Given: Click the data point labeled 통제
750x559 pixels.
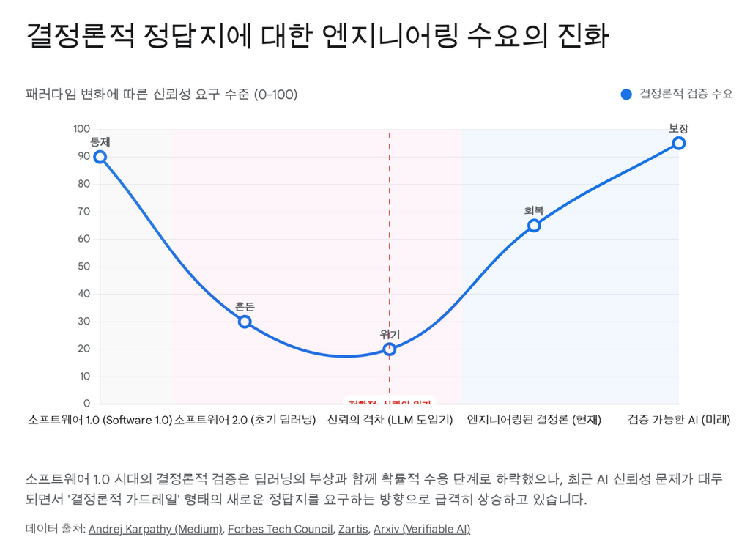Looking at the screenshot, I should tap(100, 157).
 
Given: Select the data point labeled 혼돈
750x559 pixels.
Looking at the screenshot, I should tap(245, 322).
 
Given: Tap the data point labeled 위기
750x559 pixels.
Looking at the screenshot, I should tap(390, 349).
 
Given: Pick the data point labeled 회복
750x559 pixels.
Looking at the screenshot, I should tap(534, 226).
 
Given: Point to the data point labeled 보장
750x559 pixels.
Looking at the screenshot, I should tap(679, 143).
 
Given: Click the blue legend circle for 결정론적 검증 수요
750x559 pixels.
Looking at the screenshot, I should tap(626, 94).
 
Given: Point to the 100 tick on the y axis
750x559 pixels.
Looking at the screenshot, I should tap(81, 130).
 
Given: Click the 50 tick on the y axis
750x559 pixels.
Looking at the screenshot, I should tap(84, 267).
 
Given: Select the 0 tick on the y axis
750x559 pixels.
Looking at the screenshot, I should tap(86, 404).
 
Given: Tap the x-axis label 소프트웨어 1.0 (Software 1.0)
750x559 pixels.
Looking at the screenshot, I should tap(100, 420).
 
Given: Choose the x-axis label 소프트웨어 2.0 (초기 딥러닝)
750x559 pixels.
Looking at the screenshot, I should tap(245, 420).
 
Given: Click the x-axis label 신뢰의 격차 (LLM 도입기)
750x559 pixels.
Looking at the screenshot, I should tap(390, 420).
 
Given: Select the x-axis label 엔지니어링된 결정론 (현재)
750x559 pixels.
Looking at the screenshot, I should tap(534, 420).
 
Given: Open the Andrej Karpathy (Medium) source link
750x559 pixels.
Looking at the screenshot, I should tap(155, 529).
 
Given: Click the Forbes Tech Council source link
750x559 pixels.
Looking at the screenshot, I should tap(280, 529).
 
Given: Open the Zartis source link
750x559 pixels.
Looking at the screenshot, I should tap(352, 529).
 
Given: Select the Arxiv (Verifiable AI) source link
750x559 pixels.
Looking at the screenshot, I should tap(422, 529).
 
